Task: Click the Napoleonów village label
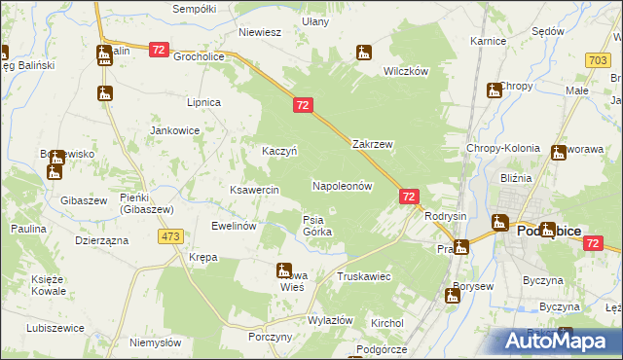(342, 185)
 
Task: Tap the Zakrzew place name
(372, 144)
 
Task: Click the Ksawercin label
(254, 190)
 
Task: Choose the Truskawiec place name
(363, 277)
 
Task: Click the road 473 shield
(172, 236)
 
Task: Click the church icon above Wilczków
(364, 53)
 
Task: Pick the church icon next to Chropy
(494, 90)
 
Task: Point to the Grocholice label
(199, 56)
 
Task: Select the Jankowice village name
(175, 130)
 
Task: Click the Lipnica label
(203, 102)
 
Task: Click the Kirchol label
(387, 322)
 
